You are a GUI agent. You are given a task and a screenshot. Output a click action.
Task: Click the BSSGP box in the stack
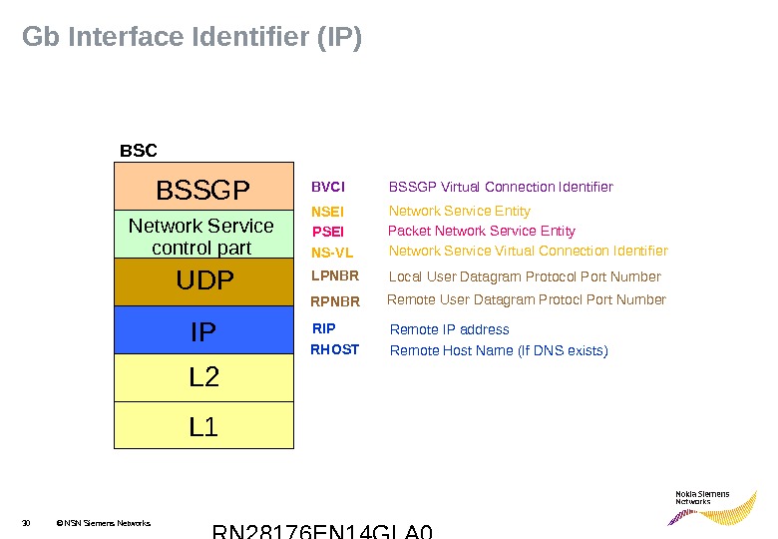coord(203,188)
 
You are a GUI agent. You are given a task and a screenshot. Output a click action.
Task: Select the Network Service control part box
coord(203,237)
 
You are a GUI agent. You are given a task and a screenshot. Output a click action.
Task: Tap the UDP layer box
coord(203,281)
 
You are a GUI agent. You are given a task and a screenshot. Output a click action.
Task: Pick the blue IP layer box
coord(203,329)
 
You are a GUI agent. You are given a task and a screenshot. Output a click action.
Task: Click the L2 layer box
coord(203,377)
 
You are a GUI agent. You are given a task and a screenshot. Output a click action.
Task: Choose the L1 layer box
coord(203,425)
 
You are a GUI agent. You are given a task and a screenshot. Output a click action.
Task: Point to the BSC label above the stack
coord(139,151)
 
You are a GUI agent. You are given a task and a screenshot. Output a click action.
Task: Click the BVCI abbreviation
coord(328,187)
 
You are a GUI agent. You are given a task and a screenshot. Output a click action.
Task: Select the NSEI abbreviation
coord(327,212)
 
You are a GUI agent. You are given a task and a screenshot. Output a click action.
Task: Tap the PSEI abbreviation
coord(327,232)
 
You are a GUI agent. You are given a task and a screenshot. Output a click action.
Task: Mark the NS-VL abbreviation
coord(332,253)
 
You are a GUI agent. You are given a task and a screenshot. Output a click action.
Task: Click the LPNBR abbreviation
coord(334,276)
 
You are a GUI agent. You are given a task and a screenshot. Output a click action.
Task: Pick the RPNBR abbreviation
coord(335,300)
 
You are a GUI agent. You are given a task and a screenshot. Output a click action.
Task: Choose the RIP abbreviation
coord(324,328)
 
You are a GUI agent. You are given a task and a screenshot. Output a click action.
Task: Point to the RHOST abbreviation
coord(334,350)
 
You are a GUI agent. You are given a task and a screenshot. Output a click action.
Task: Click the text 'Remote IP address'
coord(449,329)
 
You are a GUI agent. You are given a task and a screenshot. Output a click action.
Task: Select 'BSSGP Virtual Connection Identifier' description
coord(500,187)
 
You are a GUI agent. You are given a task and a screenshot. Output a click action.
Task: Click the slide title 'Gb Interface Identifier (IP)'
coord(192,38)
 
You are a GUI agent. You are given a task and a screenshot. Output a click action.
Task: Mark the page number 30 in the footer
coord(27,522)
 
